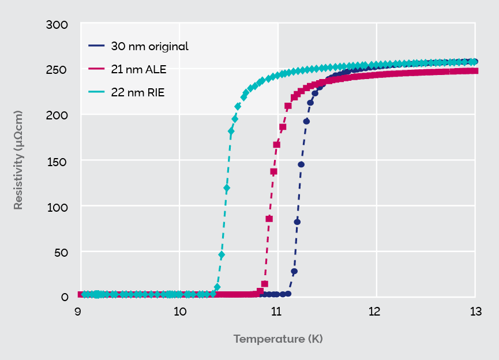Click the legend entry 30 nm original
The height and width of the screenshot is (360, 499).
click(x=149, y=47)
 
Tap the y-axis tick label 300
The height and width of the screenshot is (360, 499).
click(x=57, y=25)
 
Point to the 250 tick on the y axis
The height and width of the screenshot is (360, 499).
click(x=57, y=70)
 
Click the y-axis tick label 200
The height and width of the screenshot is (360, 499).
click(x=57, y=115)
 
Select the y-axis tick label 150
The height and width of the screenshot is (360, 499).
click(x=57, y=161)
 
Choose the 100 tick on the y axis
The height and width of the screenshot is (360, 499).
click(x=57, y=206)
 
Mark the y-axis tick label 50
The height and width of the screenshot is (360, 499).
click(x=59, y=252)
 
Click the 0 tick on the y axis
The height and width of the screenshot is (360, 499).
click(x=65, y=297)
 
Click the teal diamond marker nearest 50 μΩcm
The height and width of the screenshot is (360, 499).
click(x=222, y=255)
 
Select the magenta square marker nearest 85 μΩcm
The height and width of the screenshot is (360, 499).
click(x=269, y=219)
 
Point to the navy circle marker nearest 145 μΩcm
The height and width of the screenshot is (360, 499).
click(x=301, y=164)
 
